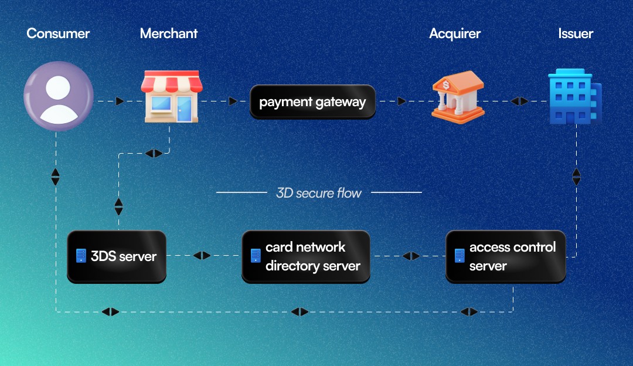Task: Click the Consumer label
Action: [58, 33]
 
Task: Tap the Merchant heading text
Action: [169, 33]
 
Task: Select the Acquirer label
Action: [455, 33]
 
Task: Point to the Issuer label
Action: [576, 33]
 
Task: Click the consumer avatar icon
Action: [58, 96]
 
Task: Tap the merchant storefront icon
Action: [171, 97]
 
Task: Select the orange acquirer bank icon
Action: [458, 96]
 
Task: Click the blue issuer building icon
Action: [574, 97]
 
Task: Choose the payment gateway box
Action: [312, 102]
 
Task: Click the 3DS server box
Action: [117, 256]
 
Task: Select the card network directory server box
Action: [306, 256]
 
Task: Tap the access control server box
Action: [505, 256]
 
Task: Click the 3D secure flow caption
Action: [319, 192]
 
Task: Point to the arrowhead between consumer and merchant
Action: [120, 101]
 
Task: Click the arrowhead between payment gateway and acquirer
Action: [401, 101]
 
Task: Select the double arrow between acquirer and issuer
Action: [519, 101]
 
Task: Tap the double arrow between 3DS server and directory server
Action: [202, 255]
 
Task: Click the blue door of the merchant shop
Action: [184, 109]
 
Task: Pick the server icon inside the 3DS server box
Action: [81, 256]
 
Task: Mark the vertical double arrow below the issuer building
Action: [576, 177]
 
